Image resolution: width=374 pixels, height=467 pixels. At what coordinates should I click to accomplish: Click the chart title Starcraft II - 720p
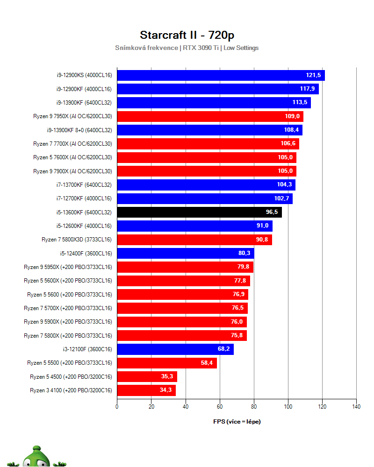tap(187, 35)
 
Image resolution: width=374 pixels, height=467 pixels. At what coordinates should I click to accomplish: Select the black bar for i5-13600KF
tap(199, 212)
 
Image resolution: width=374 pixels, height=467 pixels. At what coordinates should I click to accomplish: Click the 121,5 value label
tap(314, 75)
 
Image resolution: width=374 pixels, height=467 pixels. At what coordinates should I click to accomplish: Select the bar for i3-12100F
tap(175, 349)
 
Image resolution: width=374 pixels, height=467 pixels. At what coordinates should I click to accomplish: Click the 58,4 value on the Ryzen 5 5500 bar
tap(207, 363)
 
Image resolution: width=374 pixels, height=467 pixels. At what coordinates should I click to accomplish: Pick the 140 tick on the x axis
tap(356, 407)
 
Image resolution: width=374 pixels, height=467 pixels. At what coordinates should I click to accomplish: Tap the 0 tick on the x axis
tap(117, 407)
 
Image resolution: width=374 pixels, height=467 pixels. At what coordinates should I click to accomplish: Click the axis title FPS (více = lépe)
tap(237, 422)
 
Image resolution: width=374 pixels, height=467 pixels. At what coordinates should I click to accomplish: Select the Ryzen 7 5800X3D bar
tap(194, 240)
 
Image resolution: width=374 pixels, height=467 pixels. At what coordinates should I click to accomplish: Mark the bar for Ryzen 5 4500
tap(147, 377)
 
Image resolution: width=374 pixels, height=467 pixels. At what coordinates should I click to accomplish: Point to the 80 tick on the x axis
tap(254, 407)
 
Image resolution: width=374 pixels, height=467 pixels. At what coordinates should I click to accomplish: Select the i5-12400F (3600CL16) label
tap(86, 254)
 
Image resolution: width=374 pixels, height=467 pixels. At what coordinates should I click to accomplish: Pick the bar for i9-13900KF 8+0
tap(209, 130)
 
